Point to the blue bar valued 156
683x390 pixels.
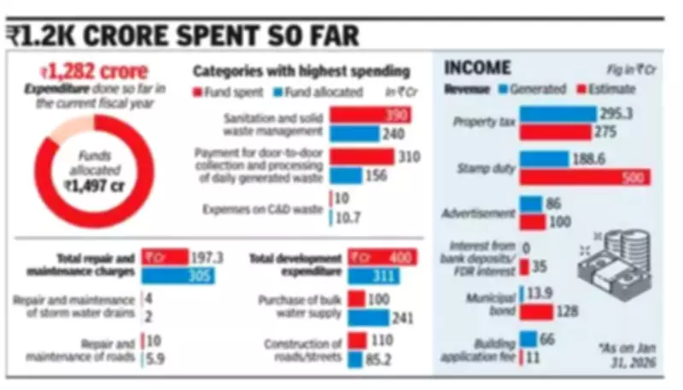coord(346,175)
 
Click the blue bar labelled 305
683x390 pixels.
coord(178,275)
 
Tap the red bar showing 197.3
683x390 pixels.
coord(164,257)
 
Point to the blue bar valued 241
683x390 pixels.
coord(369,317)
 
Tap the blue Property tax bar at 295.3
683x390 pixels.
coord(557,114)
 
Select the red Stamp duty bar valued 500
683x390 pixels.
coord(585,177)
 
